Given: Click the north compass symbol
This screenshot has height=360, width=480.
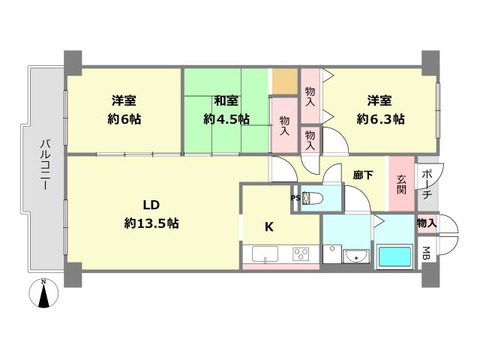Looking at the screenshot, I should [x=44, y=293].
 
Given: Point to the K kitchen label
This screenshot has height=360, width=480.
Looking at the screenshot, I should [x=268, y=226].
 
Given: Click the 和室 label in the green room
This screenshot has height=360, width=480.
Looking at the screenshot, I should [x=226, y=100].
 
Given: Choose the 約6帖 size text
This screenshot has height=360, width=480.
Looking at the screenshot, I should [x=124, y=118].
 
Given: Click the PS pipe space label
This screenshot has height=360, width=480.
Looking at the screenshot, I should [x=295, y=198].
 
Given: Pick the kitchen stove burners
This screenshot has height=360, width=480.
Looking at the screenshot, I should [x=301, y=253].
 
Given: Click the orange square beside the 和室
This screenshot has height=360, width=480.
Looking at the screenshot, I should [x=284, y=81].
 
